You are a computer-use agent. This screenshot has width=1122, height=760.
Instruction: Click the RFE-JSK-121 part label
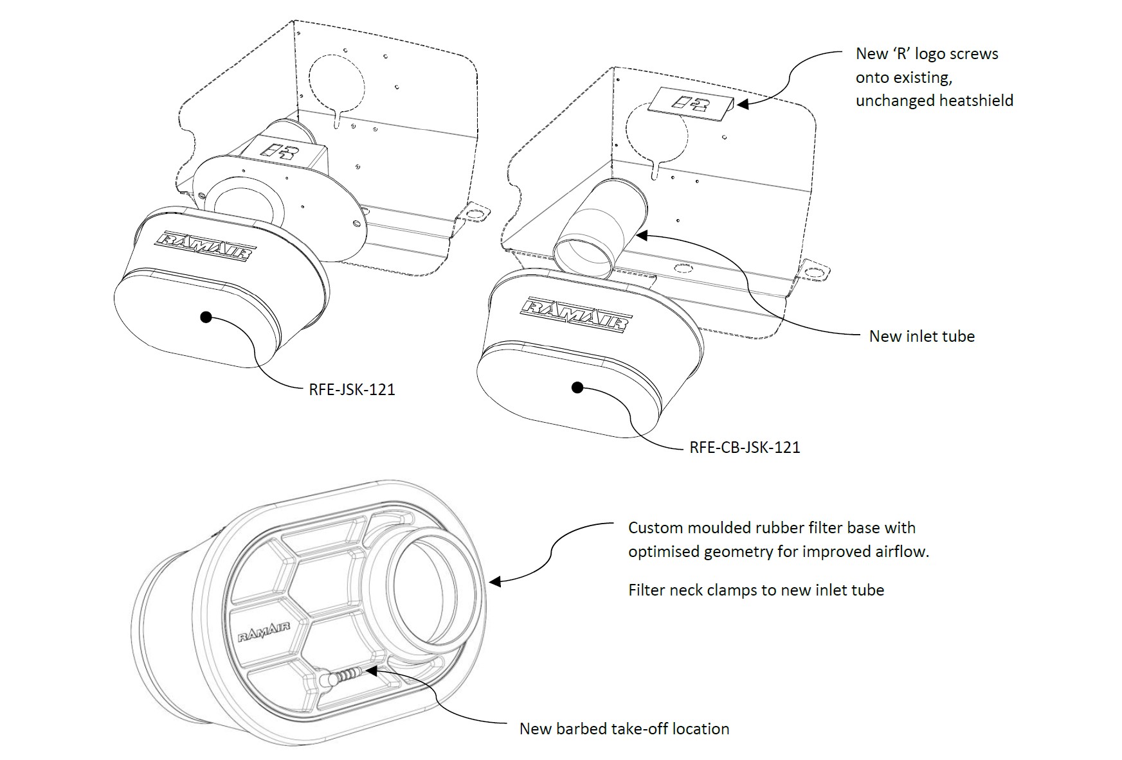[x=352, y=389]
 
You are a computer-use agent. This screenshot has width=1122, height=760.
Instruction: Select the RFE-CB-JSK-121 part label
[x=745, y=447]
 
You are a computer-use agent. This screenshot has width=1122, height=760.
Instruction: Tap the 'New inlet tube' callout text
[x=921, y=336]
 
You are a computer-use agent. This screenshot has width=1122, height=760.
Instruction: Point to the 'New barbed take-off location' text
[x=624, y=729]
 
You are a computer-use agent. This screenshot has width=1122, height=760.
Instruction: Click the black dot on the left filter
[x=206, y=317]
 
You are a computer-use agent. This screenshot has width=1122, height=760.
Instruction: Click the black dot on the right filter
[x=577, y=387]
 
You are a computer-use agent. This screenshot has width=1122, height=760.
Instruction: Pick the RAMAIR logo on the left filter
[x=206, y=246]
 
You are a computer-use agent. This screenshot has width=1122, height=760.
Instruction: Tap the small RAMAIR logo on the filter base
[x=264, y=632]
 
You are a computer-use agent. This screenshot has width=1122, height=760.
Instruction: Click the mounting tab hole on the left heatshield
[x=475, y=213]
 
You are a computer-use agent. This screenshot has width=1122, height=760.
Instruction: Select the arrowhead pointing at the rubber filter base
[x=494, y=582]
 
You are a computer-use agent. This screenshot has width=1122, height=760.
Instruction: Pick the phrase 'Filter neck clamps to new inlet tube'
[x=756, y=590]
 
